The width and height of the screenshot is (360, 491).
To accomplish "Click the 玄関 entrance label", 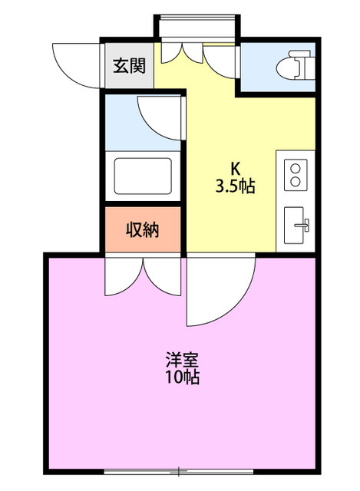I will pos(130,66).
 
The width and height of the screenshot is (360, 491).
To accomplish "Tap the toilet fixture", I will pos(296,64).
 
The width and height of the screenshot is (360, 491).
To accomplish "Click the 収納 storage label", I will pos(142,229).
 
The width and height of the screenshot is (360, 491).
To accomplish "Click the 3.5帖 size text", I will pos(235,186).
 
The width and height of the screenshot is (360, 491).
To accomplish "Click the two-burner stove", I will pos(296,175).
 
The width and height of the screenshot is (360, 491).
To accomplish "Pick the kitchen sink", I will pos(296,224).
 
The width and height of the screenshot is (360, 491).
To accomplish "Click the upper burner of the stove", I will pos(296,167).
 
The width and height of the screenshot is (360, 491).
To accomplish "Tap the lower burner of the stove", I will pos(296,183).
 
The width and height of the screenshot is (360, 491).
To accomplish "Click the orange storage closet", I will pos(142,229).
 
